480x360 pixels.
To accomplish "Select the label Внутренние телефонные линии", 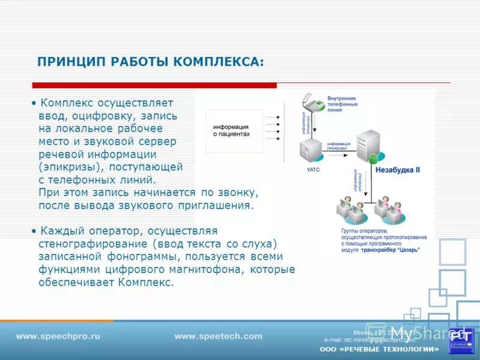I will point(343,104).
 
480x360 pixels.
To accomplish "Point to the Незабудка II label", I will point(397,170).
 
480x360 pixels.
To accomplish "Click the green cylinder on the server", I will point(374,158).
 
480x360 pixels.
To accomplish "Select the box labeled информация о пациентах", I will point(230,131).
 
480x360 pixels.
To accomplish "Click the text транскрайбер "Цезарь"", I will point(390,250).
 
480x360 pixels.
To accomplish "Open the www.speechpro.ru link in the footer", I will point(58,337).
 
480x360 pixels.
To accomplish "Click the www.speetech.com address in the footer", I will point(218,337).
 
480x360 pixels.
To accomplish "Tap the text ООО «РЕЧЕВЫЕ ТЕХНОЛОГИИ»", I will point(379,349).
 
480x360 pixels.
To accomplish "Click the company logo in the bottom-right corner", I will point(461,340).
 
